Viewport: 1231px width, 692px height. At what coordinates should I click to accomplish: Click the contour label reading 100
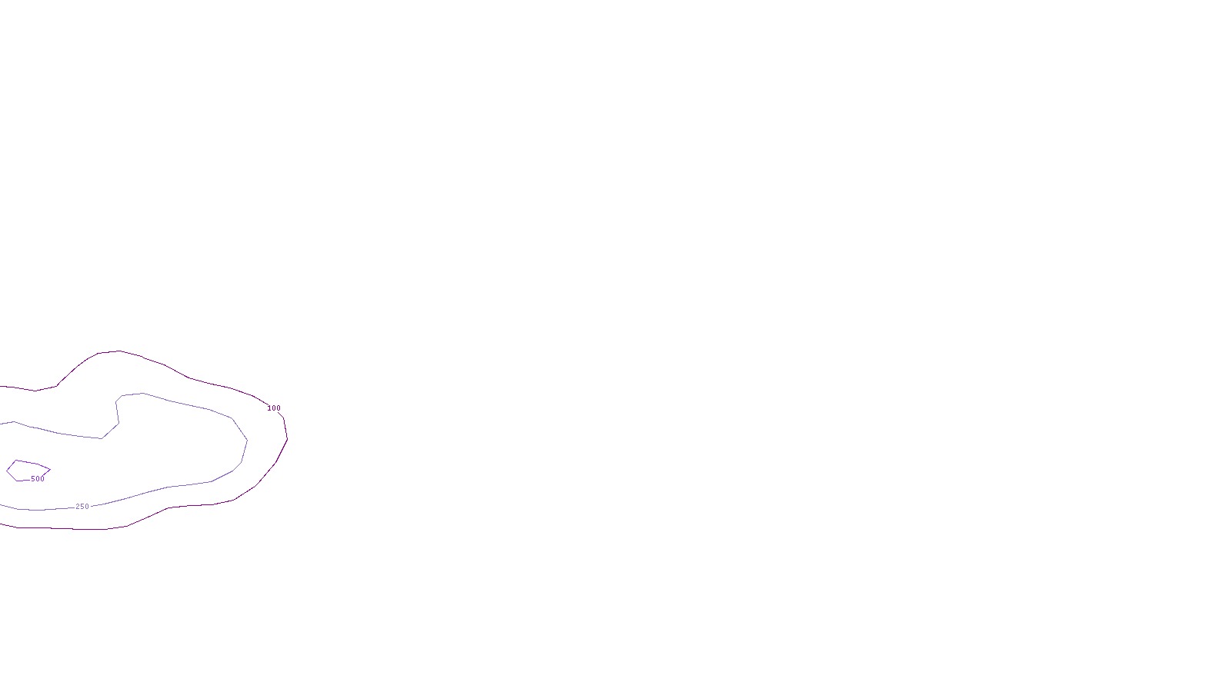coord(274,408)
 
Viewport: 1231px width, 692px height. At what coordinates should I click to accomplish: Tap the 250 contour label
coord(82,507)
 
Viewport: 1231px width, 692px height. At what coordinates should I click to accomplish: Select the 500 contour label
coord(38,479)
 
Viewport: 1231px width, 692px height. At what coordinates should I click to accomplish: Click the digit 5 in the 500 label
coord(33,479)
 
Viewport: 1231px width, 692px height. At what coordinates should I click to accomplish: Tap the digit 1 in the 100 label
coord(269,408)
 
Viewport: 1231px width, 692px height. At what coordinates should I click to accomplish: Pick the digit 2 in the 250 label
coord(78,507)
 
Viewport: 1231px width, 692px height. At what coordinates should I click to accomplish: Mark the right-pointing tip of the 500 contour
coord(50,469)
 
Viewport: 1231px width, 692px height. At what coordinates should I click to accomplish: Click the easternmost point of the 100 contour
coord(287,439)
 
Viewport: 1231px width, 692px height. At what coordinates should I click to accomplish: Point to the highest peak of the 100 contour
coord(118,351)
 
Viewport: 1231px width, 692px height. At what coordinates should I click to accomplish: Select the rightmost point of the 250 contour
coord(247,441)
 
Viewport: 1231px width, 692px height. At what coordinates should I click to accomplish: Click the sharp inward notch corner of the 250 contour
coord(102,438)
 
